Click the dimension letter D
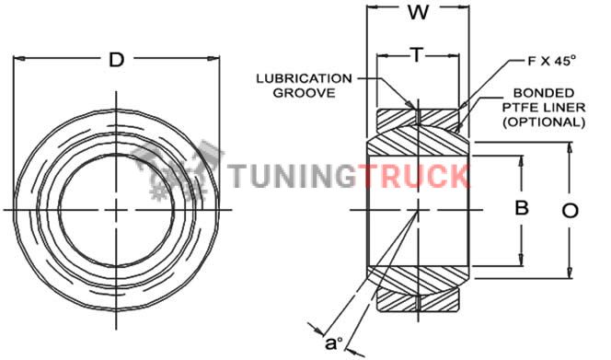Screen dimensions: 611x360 tap(116, 60)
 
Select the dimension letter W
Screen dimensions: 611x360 tap(419, 13)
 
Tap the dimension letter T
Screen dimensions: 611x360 tap(417, 55)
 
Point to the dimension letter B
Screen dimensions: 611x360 tap(522, 207)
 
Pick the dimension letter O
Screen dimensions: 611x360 tap(571, 211)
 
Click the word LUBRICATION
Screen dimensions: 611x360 tap(304, 78)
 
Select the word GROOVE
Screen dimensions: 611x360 tap(304, 93)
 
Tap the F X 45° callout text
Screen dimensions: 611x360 tap(551, 61)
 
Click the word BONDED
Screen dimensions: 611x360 tap(544, 93)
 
